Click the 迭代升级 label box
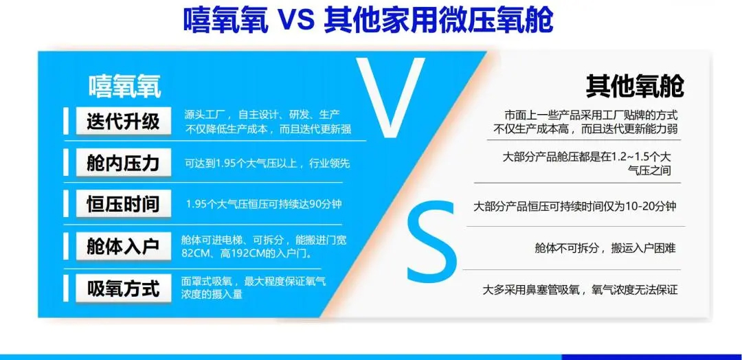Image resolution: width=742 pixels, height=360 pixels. pyautogui.click(x=123, y=122)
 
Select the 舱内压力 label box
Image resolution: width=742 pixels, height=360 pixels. pyautogui.click(x=123, y=164)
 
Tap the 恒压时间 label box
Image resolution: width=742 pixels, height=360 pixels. pyautogui.click(x=123, y=204)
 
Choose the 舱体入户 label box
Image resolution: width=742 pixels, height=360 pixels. pyautogui.click(x=123, y=247)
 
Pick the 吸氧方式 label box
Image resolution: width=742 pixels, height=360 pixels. pyautogui.click(x=123, y=288)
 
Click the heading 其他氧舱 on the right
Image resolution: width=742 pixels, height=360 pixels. pyautogui.click(x=635, y=86)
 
